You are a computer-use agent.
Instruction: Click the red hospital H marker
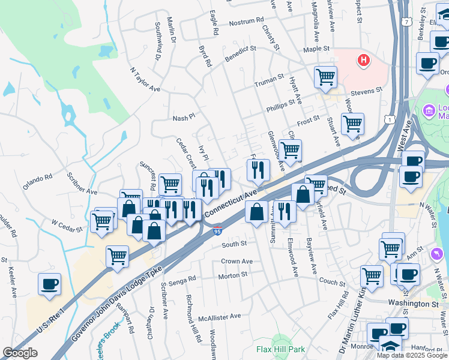[x=363, y=60]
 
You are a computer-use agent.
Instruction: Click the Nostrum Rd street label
[x=246, y=22]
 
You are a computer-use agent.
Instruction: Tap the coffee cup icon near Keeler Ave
[x=49, y=283]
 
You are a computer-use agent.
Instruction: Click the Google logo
[x=20, y=353]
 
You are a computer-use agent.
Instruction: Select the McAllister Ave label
[x=220, y=316]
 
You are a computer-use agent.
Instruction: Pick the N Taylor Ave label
[x=145, y=79]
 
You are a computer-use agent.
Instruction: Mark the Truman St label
[x=268, y=79]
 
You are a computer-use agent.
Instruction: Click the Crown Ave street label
[x=237, y=262]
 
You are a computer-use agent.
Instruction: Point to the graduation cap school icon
[x=390, y=346]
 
